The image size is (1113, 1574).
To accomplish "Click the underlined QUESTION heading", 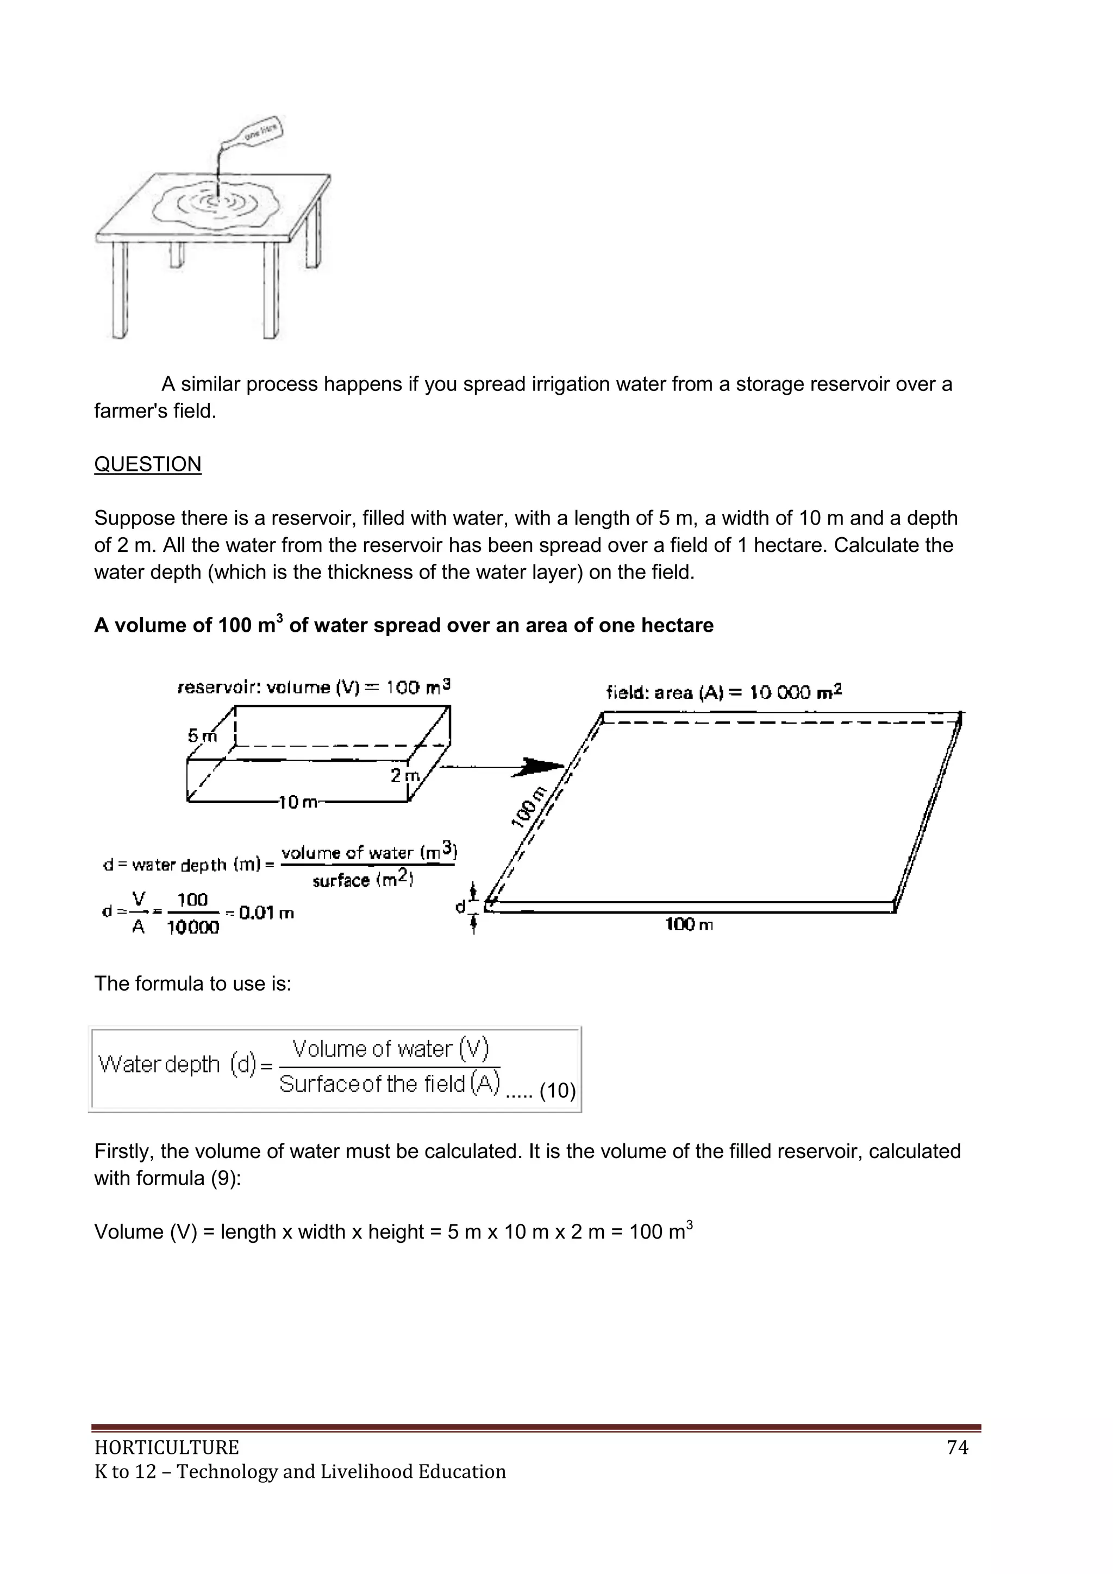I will pos(147,464).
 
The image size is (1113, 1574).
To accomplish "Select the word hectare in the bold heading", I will pos(677,625).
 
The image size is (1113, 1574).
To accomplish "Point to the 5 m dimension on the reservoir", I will pos(202,736).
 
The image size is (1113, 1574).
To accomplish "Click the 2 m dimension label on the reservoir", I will pos(404,775).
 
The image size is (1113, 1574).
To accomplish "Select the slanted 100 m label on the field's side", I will pos(530,807).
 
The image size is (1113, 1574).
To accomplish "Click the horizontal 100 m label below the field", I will pos(689,925).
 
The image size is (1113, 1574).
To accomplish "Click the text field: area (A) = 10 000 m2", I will pos(724,692).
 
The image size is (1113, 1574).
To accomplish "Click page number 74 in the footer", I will pos(956,1447).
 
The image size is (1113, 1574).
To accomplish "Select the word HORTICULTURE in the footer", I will pos(166,1447).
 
